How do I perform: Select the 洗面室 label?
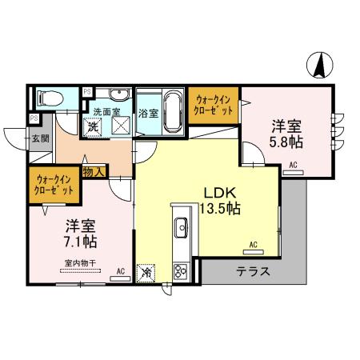107,112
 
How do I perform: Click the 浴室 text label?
148,114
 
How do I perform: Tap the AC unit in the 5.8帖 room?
293,166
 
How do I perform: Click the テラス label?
252,272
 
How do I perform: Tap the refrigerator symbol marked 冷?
146,273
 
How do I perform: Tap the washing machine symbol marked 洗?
94,127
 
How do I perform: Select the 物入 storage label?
94,170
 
